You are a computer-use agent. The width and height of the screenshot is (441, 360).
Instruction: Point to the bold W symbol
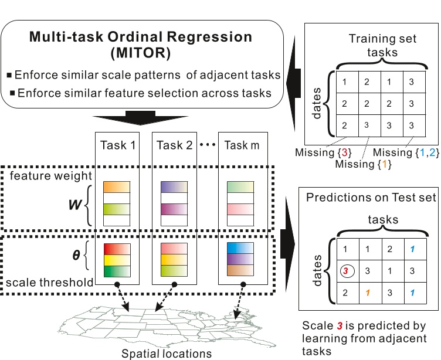(75, 206)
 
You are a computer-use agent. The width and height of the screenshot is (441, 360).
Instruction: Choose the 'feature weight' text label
(50, 176)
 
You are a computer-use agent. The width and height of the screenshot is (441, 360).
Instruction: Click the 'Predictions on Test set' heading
(371, 198)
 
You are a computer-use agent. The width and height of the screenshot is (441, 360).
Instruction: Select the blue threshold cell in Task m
(240, 247)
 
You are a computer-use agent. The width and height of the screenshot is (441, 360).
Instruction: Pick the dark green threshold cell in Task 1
(116, 271)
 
